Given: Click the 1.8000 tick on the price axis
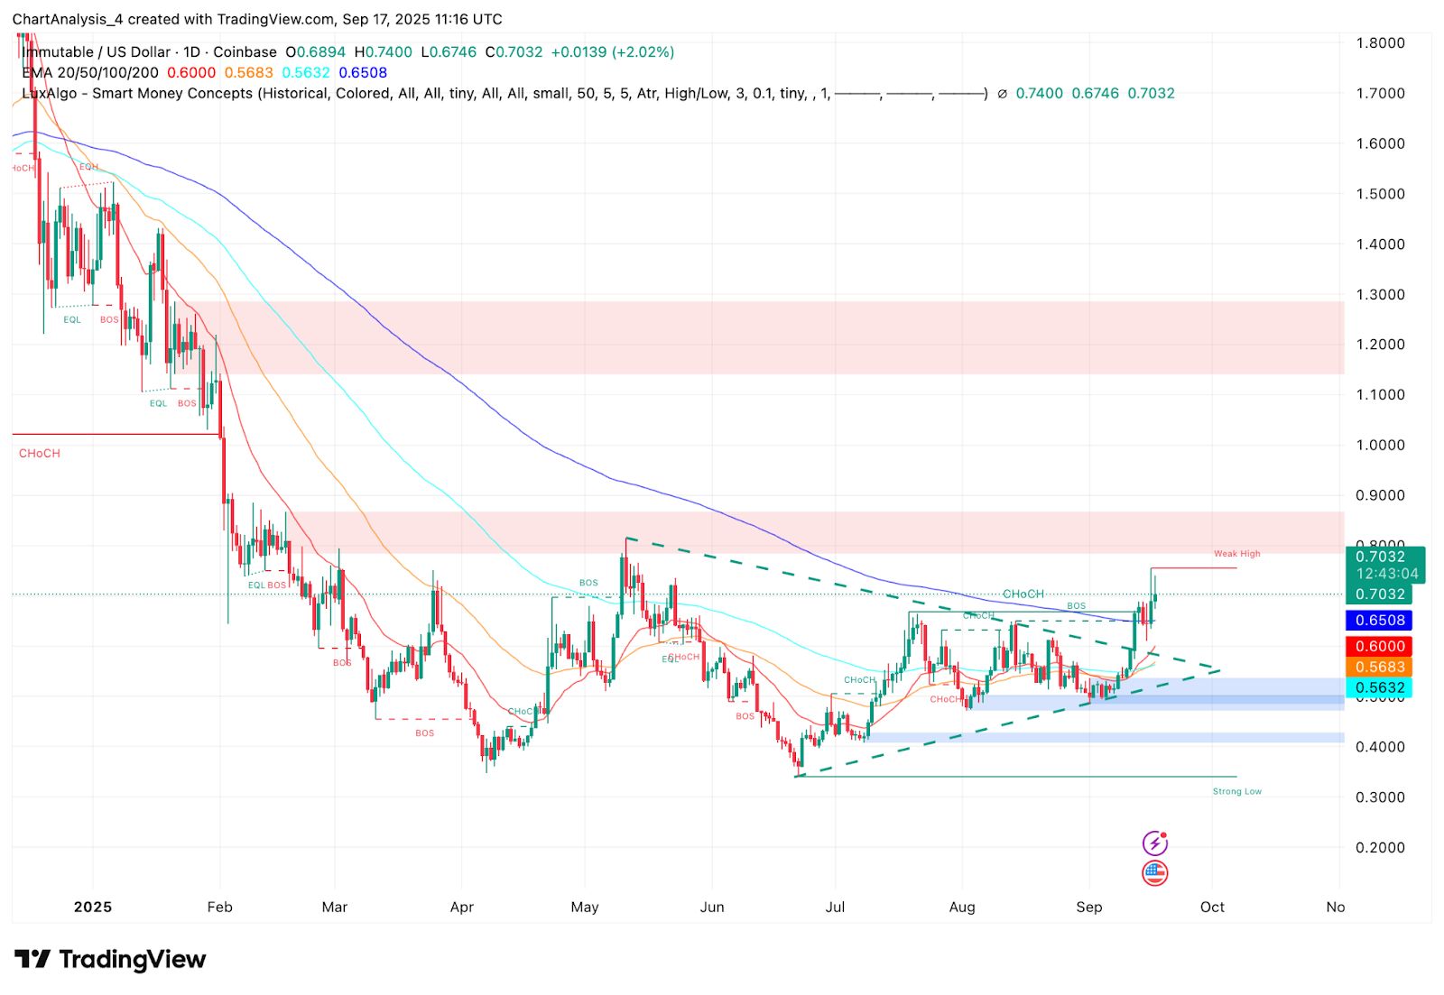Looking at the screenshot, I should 1380,42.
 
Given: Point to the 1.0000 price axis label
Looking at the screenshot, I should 1380,445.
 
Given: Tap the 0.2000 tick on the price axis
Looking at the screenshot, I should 1380,847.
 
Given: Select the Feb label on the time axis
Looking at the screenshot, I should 219,907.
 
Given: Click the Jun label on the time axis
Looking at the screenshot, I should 712,907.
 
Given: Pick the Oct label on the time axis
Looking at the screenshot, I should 1212,907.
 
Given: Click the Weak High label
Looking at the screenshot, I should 1236,554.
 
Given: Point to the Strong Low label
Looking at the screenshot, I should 1236,791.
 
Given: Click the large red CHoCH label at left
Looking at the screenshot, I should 40,453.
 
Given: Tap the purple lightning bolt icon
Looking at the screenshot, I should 1154,843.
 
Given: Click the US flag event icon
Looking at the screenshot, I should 1154,872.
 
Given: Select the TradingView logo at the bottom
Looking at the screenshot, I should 110,959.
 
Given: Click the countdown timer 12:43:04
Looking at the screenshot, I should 1387,574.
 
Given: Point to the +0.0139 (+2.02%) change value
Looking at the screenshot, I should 613,52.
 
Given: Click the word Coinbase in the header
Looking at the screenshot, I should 245,52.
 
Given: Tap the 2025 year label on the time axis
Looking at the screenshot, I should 93,907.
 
